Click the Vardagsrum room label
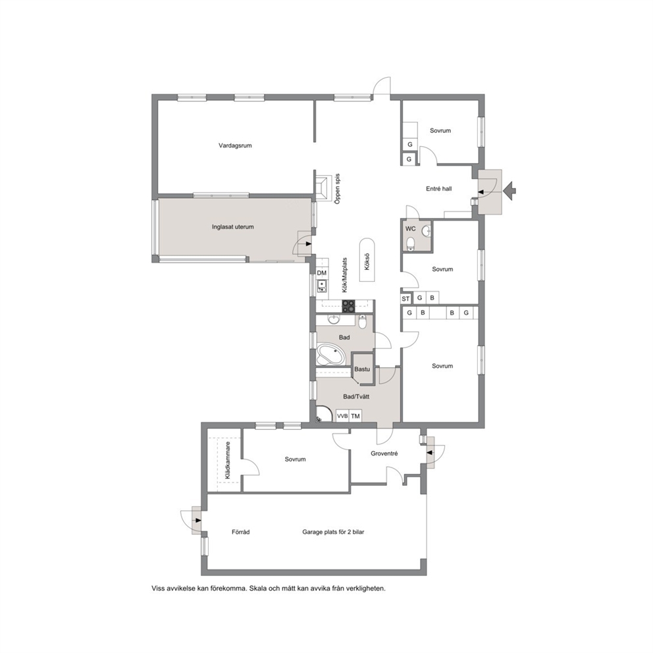coord(235,145)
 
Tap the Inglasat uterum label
coord(233,227)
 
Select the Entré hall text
coord(438,189)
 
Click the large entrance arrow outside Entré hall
coord(509,191)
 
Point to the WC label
coord(410,228)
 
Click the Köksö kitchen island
coord(367,262)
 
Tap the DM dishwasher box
coord(322,273)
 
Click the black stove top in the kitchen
coord(349,307)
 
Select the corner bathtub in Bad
coord(331,354)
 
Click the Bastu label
coord(362,369)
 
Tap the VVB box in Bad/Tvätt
coord(342,415)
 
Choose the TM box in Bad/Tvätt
coord(355,415)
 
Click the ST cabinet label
coord(405,299)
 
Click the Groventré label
coord(384,454)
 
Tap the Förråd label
coord(241,532)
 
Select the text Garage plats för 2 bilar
coord(333,532)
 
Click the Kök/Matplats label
coord(345,275)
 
